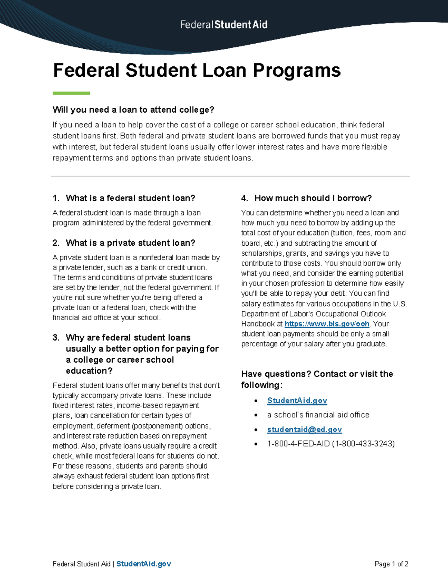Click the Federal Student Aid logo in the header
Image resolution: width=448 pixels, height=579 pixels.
click(x=224, y=25)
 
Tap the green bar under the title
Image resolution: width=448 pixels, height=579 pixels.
click(x=71, y=93)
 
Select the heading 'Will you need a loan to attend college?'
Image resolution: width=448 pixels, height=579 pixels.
click(x=133, y=110)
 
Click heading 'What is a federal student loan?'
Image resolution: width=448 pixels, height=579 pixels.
click(x=130, y=198)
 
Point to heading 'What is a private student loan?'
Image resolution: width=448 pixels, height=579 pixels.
click(x=130, y=243)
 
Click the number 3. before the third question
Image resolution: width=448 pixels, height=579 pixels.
click(x=56, y=337)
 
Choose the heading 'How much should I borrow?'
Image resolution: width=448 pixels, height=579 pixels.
click(x=313, y=198)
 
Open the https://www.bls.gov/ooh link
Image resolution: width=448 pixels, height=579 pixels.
click(x=327, y=324)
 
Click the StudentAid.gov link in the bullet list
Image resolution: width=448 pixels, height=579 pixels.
click(x=297, y=400)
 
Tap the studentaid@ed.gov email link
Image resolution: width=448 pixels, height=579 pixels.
click(x=304, y=429)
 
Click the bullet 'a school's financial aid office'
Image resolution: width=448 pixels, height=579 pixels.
click(x=318, y=415)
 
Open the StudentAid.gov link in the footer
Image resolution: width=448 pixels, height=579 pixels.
click(x=143, y=564)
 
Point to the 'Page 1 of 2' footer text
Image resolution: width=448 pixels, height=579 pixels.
click(x=391, y=564)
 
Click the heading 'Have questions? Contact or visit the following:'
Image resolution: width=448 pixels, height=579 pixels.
click(x=317, y=379)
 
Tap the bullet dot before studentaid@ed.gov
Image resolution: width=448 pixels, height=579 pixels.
click(x=256, y=430)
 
